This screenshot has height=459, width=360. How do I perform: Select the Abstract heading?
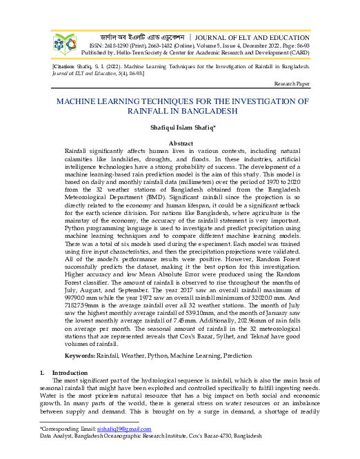(x=181, y=142)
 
